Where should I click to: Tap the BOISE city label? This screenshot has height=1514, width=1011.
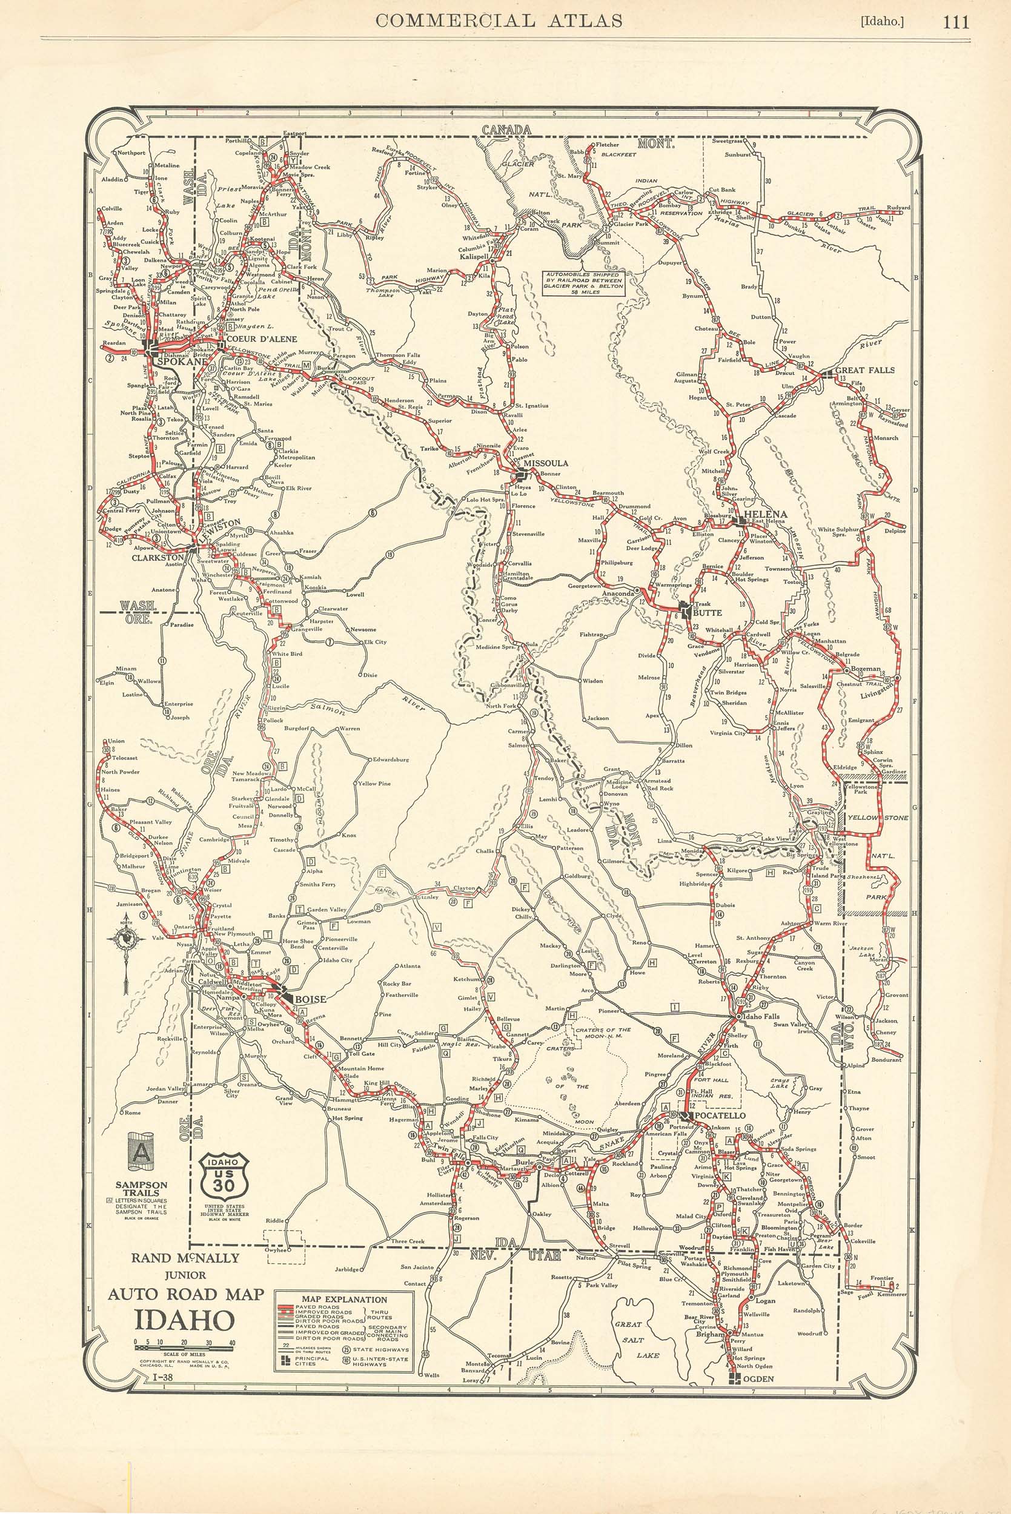[310, 999]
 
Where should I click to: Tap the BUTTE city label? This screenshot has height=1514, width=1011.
[707, 612]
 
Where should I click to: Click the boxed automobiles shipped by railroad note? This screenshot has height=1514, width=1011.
[582, 283]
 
